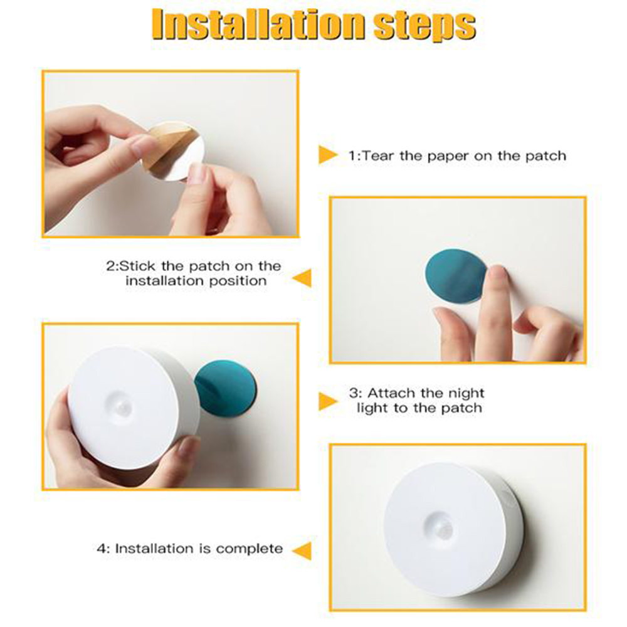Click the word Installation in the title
coord(258,25)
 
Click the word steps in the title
coord(424,26)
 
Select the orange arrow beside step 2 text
coord(302,278)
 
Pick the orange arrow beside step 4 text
coord(302,551)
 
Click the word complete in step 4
coord(249,549)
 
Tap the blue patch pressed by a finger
coord(455,276)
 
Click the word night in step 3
coord(466,394)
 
